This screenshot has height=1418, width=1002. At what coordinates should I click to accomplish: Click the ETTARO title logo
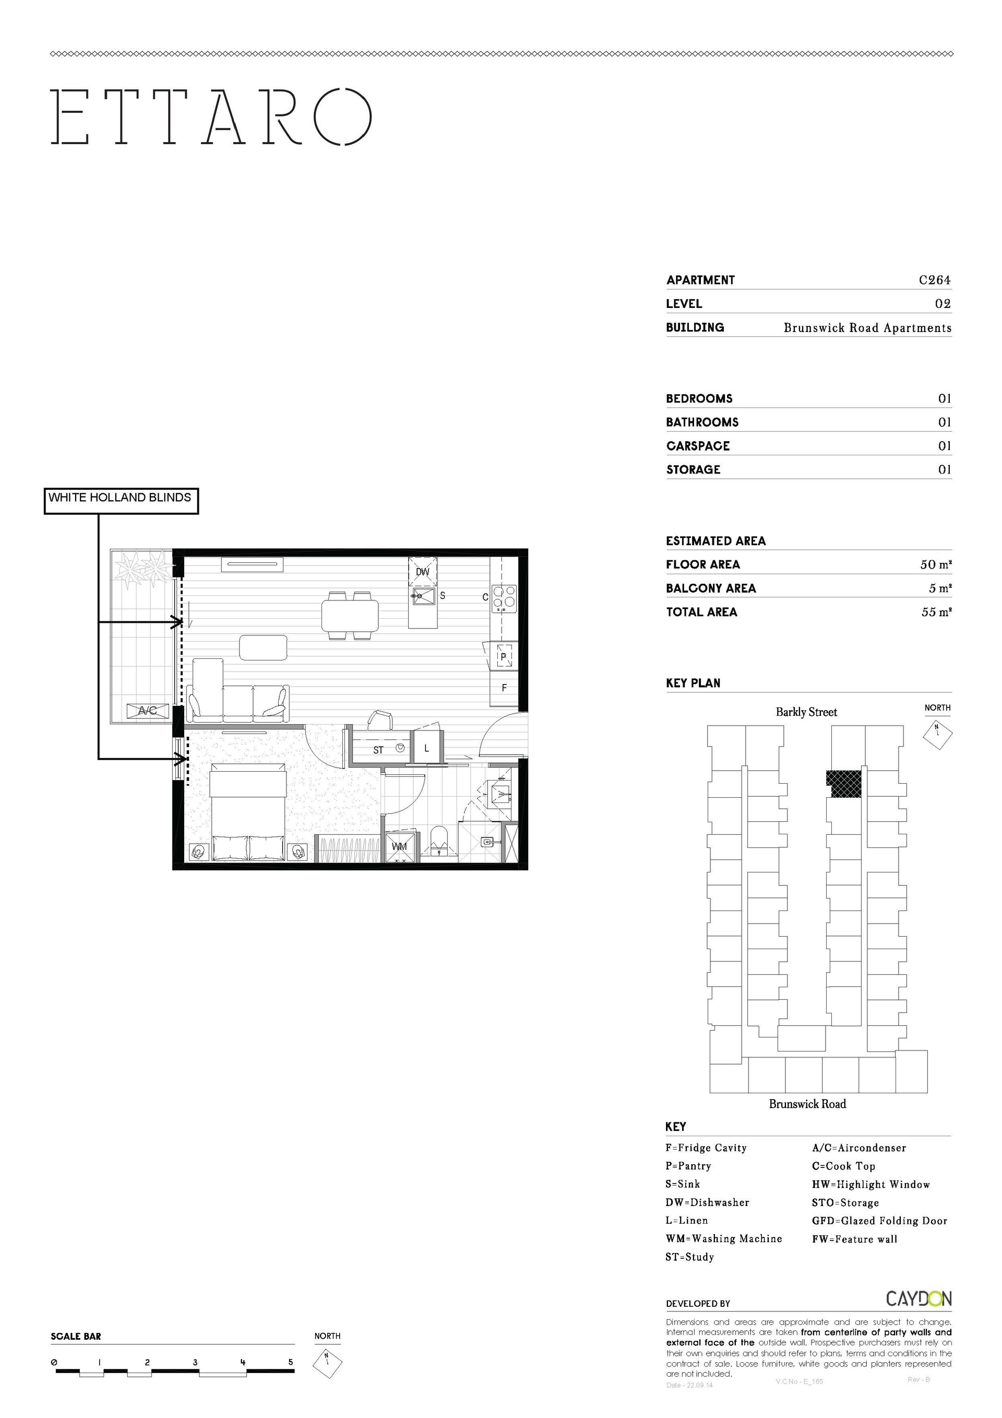tap(211, 117)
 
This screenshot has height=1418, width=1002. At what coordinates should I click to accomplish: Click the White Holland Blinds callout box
tap(121, 501)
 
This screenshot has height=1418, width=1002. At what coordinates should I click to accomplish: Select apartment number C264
tap(935, 280)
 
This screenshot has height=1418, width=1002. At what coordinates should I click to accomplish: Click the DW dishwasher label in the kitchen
tap(422, 572)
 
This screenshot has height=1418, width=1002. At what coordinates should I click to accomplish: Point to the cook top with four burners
tap(505, 598)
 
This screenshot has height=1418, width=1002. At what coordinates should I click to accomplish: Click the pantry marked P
tap(503, 656)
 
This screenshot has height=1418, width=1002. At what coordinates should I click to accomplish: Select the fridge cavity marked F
tap(505, 688)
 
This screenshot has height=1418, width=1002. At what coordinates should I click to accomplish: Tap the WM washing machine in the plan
tap(399, 846)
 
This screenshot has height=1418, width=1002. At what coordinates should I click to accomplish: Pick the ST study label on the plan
tap(378, 750)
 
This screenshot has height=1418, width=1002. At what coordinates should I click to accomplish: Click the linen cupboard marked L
tap(426, 748)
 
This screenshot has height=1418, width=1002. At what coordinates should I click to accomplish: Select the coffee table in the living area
tap(263, 647)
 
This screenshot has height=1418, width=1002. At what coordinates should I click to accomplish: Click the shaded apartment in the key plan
tap(844, 784)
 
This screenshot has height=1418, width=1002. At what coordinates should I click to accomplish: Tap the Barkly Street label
tap(806, 712)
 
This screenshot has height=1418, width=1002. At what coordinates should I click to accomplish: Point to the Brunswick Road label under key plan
tap(807, 1104)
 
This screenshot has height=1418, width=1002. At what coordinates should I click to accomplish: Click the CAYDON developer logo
tap(918, 1299)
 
